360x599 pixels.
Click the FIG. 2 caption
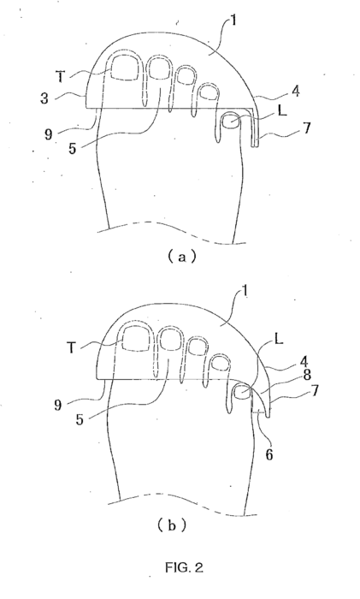[184, 567]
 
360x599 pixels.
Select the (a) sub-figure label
[182, 257]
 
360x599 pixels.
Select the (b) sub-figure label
[172, 525]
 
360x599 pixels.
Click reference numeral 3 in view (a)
[44, 98]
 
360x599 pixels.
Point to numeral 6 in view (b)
[269, 454]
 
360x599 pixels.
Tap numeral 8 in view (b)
[307, 375]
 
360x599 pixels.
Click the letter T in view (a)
[61, 77]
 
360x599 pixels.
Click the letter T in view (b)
[71, 347]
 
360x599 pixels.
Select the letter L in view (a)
[282, 110]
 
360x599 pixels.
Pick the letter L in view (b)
[279, 339]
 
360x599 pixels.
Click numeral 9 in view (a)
[49, 133]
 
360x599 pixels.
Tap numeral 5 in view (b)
[80, 419]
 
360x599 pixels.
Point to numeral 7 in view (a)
[306, 128]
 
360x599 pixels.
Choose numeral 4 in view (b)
[305, 361]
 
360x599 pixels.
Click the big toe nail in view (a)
[126, 68]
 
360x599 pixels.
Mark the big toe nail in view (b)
[136, 339]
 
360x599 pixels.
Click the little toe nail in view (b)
[241, 392]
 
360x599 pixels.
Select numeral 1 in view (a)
[233, 20]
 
